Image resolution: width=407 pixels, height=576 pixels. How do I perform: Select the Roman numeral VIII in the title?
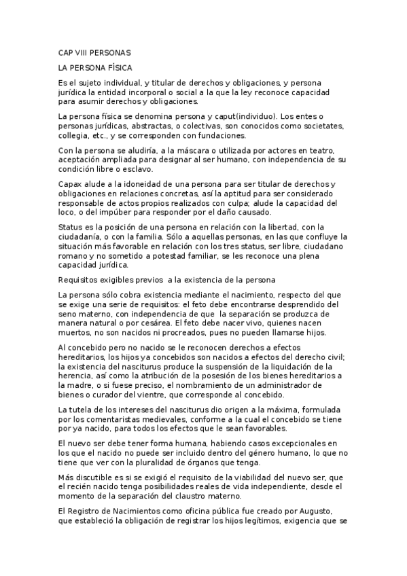(x=86, y=52)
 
